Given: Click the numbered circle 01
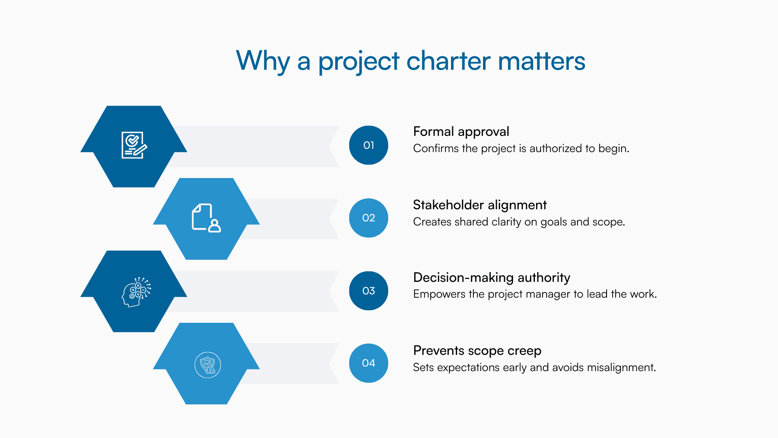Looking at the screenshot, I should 368,145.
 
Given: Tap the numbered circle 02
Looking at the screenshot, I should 368,218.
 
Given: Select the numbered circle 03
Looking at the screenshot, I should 368,291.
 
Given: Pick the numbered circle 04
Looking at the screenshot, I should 368,363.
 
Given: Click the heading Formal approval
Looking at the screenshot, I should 461,132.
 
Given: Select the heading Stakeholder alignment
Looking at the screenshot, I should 479,205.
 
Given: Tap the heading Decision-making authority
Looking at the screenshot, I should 491,278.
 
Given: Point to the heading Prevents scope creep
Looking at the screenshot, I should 477,350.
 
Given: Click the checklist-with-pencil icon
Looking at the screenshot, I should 134,145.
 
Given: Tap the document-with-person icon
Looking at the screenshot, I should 206,218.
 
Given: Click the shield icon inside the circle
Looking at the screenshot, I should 207,365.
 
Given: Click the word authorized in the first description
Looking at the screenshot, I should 556,148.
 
